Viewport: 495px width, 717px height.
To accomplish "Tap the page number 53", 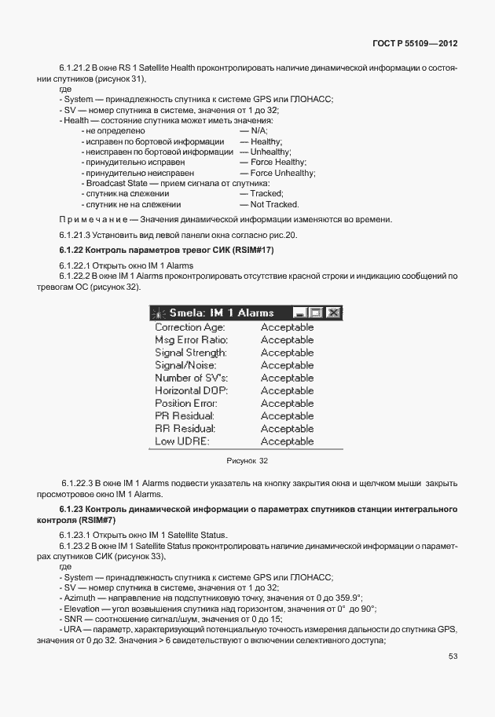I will pos(453,657).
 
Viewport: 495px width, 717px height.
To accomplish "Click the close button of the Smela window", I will pos(334,313).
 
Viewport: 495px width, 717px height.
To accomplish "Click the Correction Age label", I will pos(189,327).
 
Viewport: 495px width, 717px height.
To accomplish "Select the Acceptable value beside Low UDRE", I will pos(287,441).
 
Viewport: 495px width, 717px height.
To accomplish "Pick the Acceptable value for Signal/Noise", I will pos(287,365).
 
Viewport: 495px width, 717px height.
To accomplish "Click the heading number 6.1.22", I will pos(71,250).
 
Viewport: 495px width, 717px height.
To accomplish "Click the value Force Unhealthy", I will pos(282,173).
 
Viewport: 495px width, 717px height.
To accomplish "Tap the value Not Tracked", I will pos(274,204).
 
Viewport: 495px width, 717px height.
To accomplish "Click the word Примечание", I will pos(90,219).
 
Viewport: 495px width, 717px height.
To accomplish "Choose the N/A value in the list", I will pos(258,131).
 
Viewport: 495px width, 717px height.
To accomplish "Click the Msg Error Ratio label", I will pos(191,340).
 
